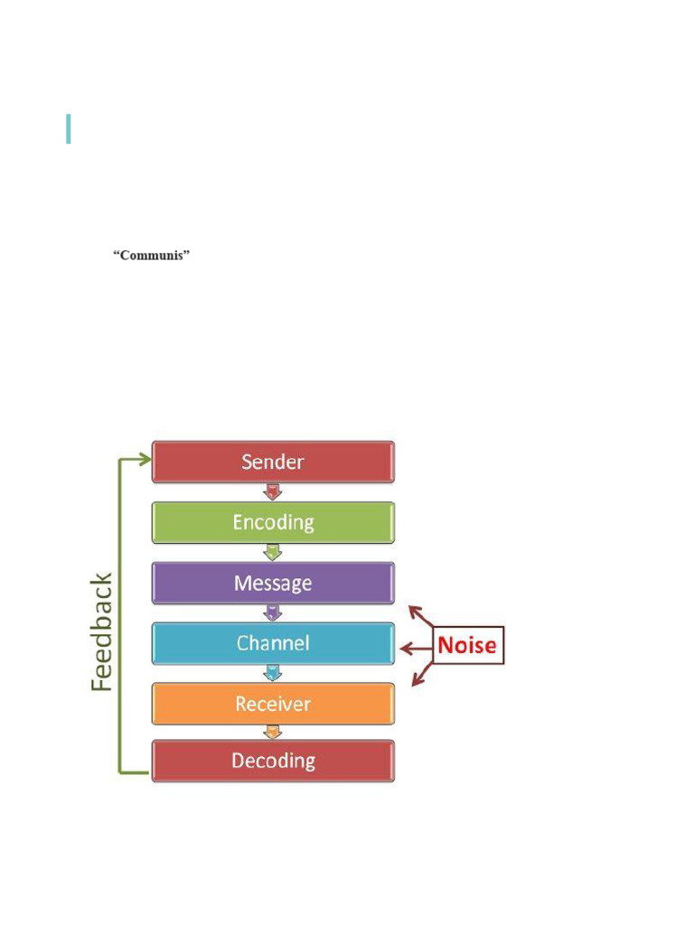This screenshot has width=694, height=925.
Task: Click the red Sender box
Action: (x=273, y=462)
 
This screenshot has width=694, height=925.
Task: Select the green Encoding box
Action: (x=273, y=522)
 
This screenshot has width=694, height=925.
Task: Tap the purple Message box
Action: (x=273, y=583)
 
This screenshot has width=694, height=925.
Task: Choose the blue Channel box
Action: (x=273, y=643)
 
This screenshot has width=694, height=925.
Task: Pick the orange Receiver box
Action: (x=273, y=704)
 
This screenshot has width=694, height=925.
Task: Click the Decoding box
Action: (x=273, y=761)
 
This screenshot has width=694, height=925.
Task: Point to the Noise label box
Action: (x=467, y=646)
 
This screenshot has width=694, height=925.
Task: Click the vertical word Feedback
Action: (x=102, y=632)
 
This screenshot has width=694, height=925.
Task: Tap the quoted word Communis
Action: (x=151, y=256)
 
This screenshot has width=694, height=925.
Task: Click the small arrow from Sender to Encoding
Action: (x=272, y=492)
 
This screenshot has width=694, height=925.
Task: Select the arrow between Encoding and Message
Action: (x=272, y=553)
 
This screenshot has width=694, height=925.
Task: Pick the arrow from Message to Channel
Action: (x=272, y=612)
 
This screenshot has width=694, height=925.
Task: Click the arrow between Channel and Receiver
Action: (x=272, y=673)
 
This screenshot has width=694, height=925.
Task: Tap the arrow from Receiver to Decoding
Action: (x=272, y=732)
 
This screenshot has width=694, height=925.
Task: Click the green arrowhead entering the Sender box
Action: (x=145, y=459)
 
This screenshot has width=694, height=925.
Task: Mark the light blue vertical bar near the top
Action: (x=69, y=128)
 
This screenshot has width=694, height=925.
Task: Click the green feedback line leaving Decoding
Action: (x=134, y=772)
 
